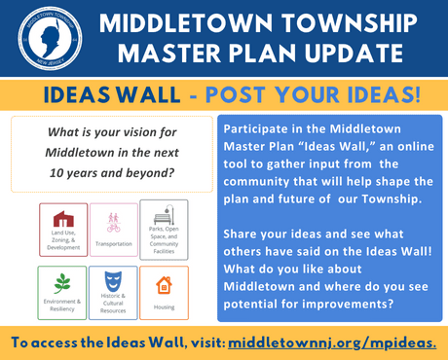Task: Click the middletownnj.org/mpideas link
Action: pyautogui.click(x=332, y=342)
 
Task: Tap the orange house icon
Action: pyautogui.click(x=164, y=285)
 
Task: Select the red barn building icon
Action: pyautogui.click(x=63, y=218)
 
